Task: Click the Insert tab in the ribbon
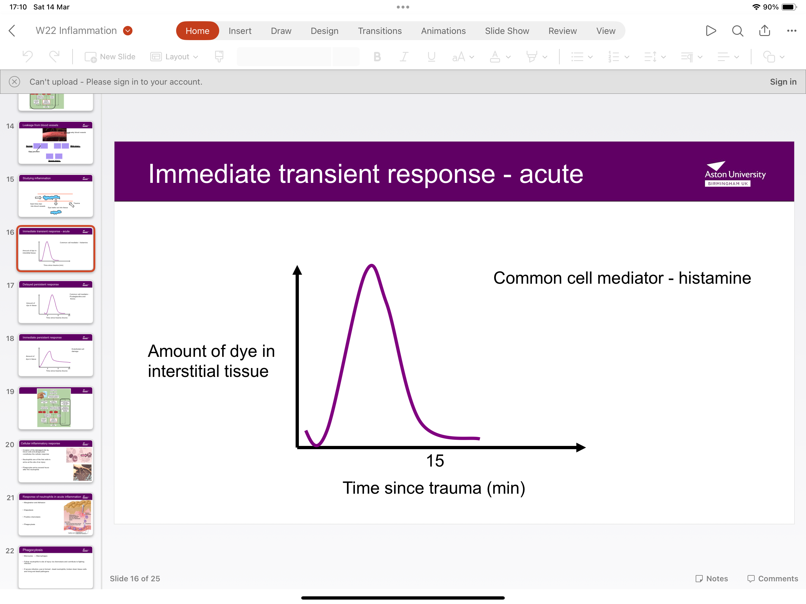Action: (x=240, y=31)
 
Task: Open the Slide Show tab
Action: (x=507, y=31)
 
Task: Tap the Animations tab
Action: (x=443, y=31)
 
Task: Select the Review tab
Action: (x=562, y=31)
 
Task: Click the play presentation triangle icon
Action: (x=710, y=31)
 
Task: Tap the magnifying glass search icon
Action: (x=738, y=31)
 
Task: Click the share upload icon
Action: (x=764, y=31)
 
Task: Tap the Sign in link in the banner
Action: (x=783, y=82)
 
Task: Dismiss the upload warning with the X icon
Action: (x=14, y=82)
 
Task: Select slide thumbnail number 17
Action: (x=56, y=302)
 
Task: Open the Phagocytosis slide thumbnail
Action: (x=56, y=567)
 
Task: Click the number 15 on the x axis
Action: (x=435, y=461)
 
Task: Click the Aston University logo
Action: (x=735, y=174)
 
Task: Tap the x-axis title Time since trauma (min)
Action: (x=434, y=488)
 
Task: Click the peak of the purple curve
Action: (x=371, y=265)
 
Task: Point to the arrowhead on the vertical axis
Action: (x=297, y=270)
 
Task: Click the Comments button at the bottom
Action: (x=772, y=579)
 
